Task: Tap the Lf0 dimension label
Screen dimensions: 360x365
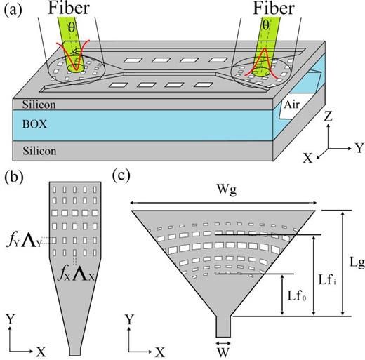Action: coord(297,294)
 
